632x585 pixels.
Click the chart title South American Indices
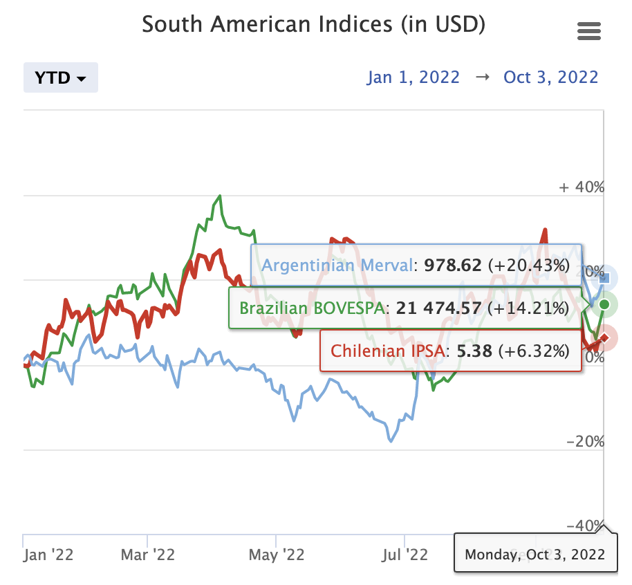[x=314, y=26]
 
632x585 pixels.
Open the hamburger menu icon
[x=588, y=31]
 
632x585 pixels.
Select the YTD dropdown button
[x=61, y=77]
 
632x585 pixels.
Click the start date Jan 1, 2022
[x=413, y=77]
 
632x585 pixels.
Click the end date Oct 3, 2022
[x=550, y=77]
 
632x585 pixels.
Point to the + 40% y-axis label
[x=582, y=187]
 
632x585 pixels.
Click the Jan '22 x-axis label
[x=48, y=555]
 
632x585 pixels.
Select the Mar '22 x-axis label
[x=148, y=555]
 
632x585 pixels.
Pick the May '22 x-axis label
[x=277, y=555]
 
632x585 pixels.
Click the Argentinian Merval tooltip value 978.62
[x=454, y=266]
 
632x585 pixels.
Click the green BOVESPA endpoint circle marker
[x=604, y=304]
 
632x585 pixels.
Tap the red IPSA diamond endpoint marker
[x=604, y=338]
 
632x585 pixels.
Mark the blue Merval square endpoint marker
[x=604, y=278]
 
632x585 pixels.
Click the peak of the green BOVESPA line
[x=220, y=196]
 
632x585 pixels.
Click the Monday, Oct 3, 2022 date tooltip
[x=535, y=555]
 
